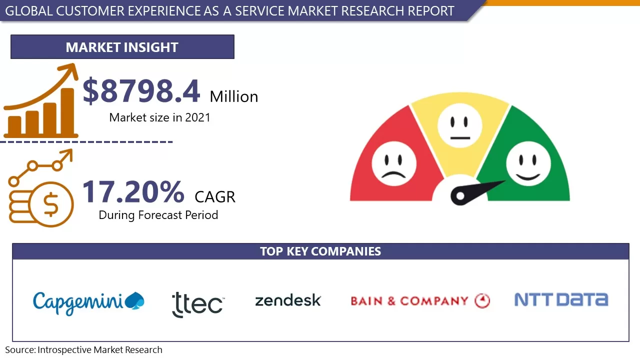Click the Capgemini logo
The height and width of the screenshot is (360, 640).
click(88, 301)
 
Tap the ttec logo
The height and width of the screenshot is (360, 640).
click(197, 303)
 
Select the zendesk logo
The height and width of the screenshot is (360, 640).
click(287, 300)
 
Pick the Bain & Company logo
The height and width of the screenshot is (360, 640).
click(420, 301)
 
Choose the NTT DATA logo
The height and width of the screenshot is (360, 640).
click(561, 299)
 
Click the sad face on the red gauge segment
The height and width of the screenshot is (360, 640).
click(393, 163)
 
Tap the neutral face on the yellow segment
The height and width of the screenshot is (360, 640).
click(459, 125)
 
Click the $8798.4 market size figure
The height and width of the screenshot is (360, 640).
click(141, 91)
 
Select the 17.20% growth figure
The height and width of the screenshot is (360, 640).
click(133, 192)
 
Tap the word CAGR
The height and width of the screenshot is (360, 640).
click(215, 196)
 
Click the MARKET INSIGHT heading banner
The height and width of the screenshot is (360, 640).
click(122, 47)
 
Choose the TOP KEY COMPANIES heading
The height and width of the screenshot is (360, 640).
click(320, 251)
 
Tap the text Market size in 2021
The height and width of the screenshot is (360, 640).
click(159, 117)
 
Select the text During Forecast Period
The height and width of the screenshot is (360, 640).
click(158, 215)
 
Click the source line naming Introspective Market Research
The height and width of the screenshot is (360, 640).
click(84, 350)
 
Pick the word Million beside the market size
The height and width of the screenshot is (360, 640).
click(233, 96)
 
